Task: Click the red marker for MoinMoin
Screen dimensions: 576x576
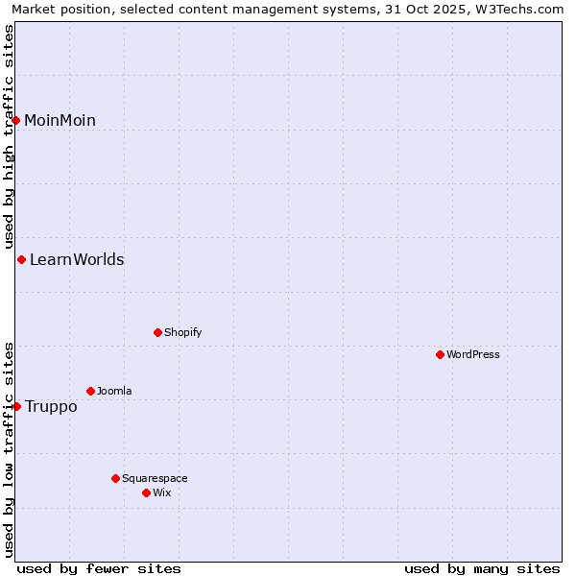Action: click(x=16, y=120)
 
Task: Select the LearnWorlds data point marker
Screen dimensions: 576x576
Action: click(x=21, y=259)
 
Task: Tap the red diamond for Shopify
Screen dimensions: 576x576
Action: click(x=157, y=332)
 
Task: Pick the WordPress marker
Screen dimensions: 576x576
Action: click(x=440, y=354)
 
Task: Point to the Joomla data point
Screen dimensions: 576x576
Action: click(x=90, y=391)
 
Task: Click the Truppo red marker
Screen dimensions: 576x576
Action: click(x=16, y=406)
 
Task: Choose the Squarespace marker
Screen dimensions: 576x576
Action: click(x=115, y=478)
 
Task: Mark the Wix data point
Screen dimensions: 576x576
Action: click(x=146, y=492)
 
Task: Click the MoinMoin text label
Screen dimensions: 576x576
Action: click(x=60, y=120)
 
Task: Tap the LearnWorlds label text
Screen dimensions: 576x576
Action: click(x=77, y=259)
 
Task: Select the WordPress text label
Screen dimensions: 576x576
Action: click(x=473, y=354)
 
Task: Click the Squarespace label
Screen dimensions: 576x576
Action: click(x=155, y=478)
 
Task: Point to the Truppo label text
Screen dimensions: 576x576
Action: click(x=51, y=406)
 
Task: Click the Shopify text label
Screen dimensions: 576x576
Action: click(x=182, y=332)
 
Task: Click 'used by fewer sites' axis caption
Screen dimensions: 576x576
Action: click(x=99, y=568)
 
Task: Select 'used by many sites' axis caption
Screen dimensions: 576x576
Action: click(x=482, y=568)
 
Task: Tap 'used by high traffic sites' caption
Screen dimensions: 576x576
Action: click(x=9, y=136)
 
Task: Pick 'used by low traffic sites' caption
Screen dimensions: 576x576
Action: click(x=9, y=448)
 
